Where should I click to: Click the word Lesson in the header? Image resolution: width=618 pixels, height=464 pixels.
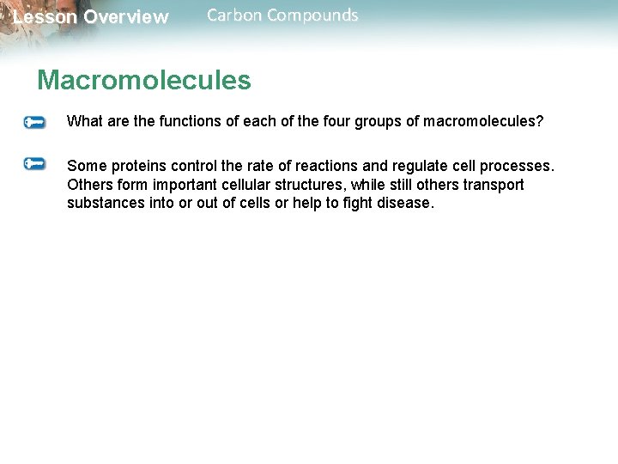coord(45,17)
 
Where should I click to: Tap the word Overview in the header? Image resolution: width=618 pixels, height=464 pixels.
coord(126,17)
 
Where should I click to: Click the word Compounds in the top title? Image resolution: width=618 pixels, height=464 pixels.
coord(314,15)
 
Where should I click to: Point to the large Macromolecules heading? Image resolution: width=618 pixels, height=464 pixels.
coord(144,81)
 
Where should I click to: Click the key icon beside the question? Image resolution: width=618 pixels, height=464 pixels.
coord(34,123)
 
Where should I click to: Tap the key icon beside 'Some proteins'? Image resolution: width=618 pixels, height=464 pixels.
coord(34,163)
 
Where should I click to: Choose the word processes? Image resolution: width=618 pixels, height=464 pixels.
coord(518,165)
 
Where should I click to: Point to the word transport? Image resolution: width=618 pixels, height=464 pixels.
coord(491,185)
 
